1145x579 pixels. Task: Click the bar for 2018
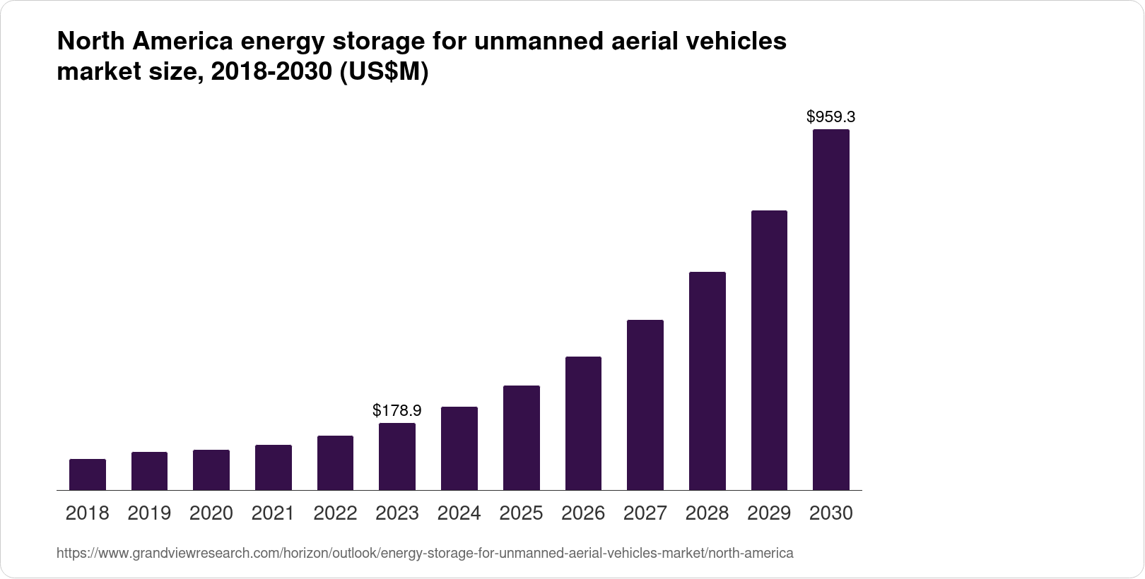pyautogui.click(x=88, y=474)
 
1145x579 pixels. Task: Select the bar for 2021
pyautogui.click(x=274, y=467)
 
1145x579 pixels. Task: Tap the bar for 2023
pyautogui.click(x=397, y=456)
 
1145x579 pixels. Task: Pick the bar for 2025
pyautogui.click(x=522, y=438)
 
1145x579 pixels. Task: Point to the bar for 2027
pyautogui.click(x=645, y=405)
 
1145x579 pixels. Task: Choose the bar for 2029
pyautogui.click(x=769, y=350)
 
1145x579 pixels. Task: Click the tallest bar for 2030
pyautogui.click(x=831, y=309)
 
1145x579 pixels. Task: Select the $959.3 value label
pyautogui.click(x=831, y=117)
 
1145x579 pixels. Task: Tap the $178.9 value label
pyautogui.click(x=397, y=410)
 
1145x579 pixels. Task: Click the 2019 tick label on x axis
pyautogui.click(x=149, y=513)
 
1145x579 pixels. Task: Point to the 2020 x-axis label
pyautogui.click(x=211, y=513)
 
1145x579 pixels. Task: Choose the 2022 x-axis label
pyautogui.click(x=335, y=513)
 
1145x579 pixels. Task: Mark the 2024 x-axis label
pyautogui.click(x=459, y=513)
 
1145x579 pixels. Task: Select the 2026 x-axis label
pyautogui.click(x=583, y=513)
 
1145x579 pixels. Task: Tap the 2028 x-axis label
pyautogui.click(x=707, y=513)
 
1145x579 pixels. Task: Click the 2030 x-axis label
pyautogui.click(x=831, y=513)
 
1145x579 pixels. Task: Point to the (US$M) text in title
pyautogui.click(x=384, y=73)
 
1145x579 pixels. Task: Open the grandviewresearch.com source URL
pyautogui.click(x=424, y=553)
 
